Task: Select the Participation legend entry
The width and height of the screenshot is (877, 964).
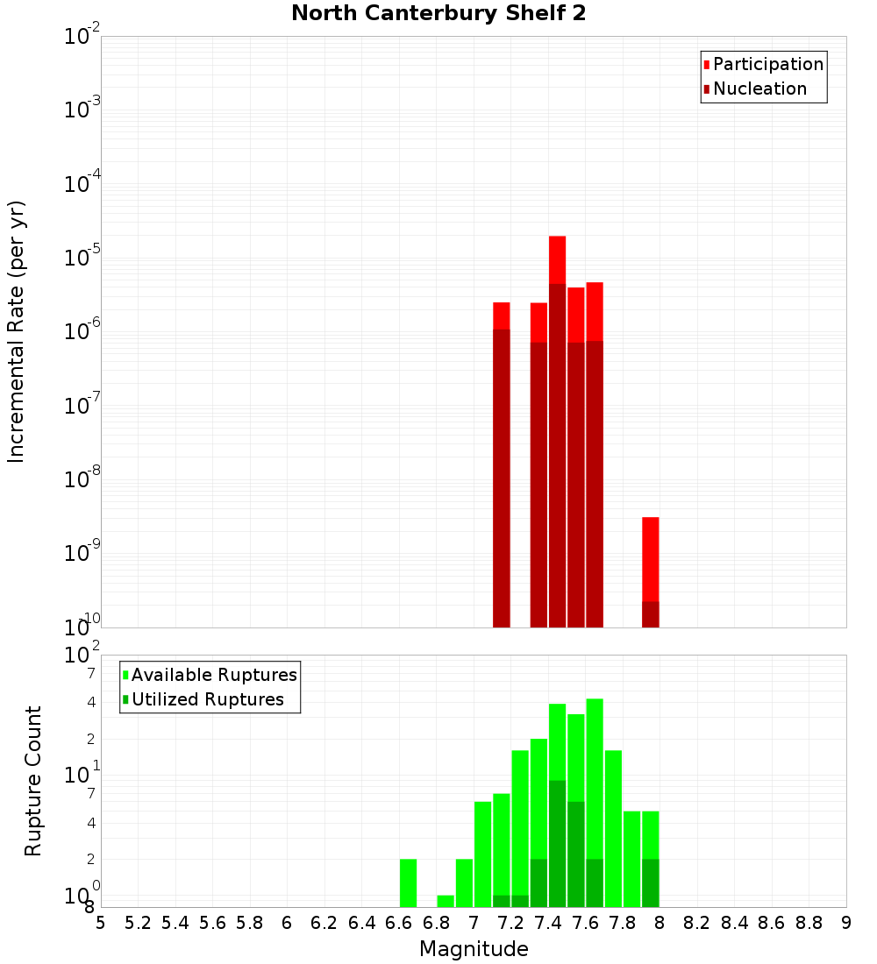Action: tap(767, 64)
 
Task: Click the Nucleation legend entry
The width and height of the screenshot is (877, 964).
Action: tap(759, 89)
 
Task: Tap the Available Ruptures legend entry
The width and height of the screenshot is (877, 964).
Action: tap(214, 675)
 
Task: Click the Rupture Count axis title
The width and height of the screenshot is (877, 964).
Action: tap(33, 781)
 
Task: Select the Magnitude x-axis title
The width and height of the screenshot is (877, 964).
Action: tap(474, 949)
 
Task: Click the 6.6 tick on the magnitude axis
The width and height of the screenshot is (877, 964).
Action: tap(399, 923)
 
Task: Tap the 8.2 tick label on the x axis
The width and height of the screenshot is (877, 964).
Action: tap(697, 923)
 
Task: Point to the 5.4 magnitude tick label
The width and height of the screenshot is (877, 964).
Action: tap(175, 923)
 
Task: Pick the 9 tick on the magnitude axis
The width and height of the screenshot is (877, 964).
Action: tap(846, 923)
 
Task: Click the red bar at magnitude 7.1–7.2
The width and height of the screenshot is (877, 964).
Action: tap(502, 315)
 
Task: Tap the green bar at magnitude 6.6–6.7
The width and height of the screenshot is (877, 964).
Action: tap(408, 882)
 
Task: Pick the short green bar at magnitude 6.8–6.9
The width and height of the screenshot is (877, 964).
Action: tap(446, 901)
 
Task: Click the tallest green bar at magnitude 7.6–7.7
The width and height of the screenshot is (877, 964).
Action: tap(595, 771)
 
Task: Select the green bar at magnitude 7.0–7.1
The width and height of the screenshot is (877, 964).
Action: tap(482, 854)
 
